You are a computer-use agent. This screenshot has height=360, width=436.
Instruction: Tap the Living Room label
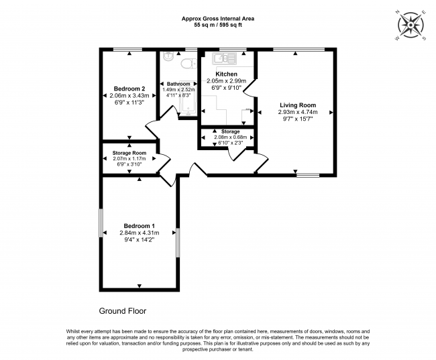coord(297,105)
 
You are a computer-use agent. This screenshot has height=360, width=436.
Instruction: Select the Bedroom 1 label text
coord(140,226)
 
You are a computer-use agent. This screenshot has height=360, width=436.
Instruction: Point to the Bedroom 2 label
coord(129,89)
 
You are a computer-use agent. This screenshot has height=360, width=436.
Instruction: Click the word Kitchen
coord(226,74)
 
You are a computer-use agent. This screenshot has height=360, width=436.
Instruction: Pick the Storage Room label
coord(129,153)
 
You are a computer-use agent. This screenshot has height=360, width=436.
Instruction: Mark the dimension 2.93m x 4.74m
coord(297,113)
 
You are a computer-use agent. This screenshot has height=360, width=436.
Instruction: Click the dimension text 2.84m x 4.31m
coord(140,233)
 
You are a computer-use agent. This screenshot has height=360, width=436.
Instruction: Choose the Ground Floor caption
coord(122,311)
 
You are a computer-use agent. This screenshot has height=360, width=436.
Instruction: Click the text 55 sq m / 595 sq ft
coord(217,25)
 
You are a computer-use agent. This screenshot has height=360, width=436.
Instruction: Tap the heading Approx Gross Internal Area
coord(217,18)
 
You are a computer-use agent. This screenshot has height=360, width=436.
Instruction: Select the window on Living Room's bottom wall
coord(308,175)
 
